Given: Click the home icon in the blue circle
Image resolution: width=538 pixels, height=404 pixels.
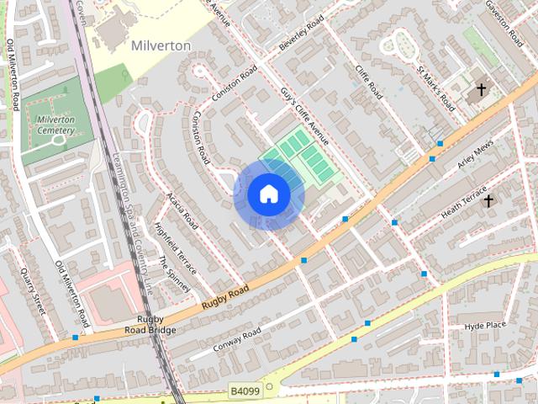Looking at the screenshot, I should [269, 194].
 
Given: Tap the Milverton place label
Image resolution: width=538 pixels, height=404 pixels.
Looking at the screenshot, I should [161, 45].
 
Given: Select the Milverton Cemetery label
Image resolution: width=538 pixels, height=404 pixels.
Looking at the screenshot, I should [55, 125].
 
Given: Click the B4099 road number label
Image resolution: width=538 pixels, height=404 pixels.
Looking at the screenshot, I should [245, 391].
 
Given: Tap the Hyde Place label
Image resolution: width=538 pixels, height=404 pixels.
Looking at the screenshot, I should [485, 325].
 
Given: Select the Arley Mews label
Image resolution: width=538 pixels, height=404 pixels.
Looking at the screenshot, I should [476, 159].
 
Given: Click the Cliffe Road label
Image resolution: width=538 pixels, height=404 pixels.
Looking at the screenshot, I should [368, 82].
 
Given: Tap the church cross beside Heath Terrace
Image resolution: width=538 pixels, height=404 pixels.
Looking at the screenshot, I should [489, 200].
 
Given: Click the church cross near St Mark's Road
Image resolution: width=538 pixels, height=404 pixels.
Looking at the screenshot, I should [482, 88].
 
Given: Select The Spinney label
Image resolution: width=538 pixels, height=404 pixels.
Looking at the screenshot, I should [175, 274].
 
